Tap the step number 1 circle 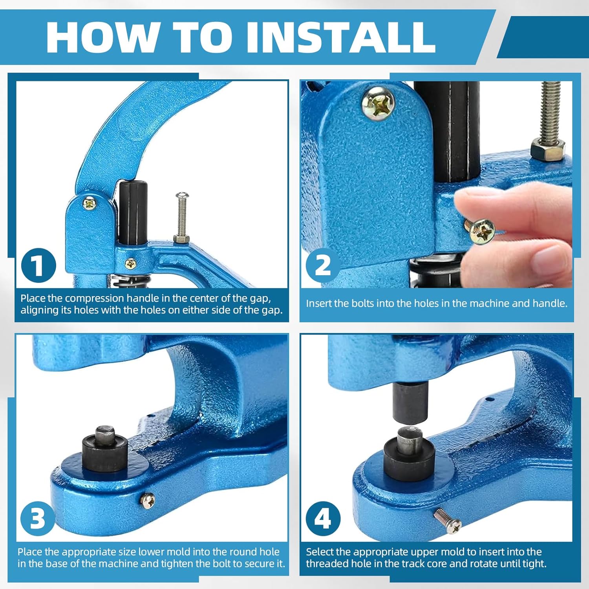(x=38, y=265)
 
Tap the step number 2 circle (x=322, y=265)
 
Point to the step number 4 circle (x=322, y=518)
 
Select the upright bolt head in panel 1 (x=182, y=195)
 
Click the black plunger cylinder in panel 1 (x=133, y=212)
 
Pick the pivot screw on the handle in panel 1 (x=90, y=203)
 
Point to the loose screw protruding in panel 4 (x=447, y=521)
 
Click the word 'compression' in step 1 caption (x=95, y=298)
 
